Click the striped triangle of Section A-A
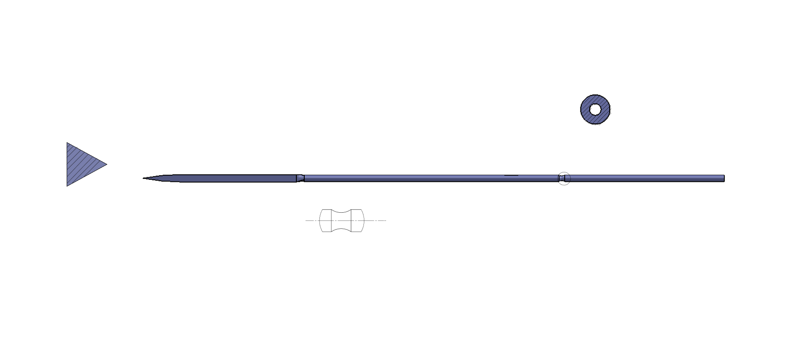pos(82,164)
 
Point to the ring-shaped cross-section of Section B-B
pos(595,109)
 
